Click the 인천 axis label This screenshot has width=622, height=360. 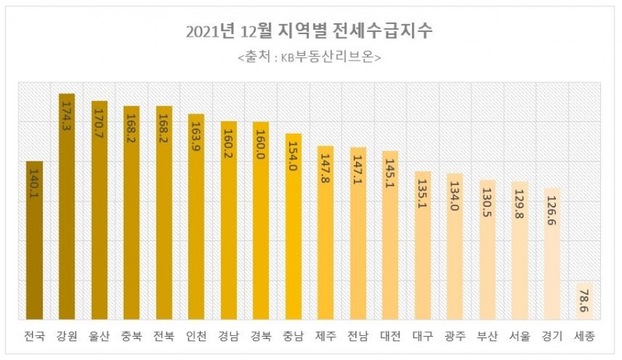197,337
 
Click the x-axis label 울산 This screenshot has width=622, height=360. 100,337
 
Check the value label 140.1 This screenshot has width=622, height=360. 35,185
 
